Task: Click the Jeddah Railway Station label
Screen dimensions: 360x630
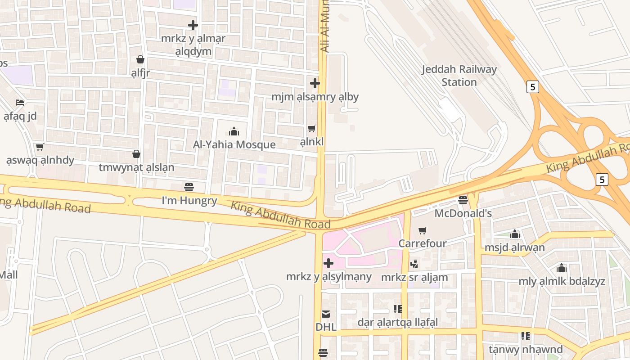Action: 459,76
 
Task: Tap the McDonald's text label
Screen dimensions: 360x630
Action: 463,213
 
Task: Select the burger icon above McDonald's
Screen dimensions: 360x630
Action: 463,200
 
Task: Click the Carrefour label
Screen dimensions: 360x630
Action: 422,243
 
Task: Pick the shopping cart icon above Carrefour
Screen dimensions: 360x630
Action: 422,231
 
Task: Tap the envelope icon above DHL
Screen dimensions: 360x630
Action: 326,314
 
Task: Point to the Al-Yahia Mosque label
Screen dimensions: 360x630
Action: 234,144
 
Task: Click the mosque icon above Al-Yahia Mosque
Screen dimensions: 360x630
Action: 234,131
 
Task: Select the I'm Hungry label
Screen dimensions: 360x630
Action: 189,201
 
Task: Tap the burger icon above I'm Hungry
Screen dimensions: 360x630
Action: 189,187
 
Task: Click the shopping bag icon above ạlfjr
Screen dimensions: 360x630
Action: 140,59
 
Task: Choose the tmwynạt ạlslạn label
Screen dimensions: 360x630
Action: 136,167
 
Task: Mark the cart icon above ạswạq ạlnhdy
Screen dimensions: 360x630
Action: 40,147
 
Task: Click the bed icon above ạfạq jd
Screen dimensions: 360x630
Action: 20,103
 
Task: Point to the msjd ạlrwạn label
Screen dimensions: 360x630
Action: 514,247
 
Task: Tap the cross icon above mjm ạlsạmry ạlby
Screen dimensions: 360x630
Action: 315,83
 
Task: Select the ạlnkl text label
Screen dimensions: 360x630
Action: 312,142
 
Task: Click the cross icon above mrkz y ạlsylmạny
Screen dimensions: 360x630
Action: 328,263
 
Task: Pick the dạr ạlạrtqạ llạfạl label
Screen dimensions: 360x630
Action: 397,322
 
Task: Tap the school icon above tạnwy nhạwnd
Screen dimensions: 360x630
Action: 525,336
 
